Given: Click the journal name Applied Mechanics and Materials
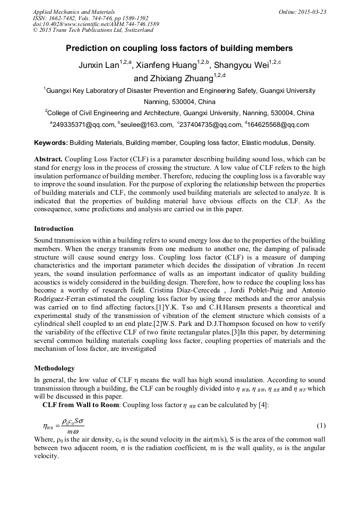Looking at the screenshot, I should pos(74,11).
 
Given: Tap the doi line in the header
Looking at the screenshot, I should pos(96,24).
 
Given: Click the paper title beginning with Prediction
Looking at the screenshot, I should pos(179,48).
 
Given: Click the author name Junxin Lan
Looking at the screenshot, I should pos(98,66).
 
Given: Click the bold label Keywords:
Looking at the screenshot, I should pos(51,143).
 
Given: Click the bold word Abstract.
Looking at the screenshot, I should pos(48,159).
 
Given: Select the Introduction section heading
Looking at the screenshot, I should pos(54,229).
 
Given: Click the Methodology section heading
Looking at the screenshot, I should pos(54,368).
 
